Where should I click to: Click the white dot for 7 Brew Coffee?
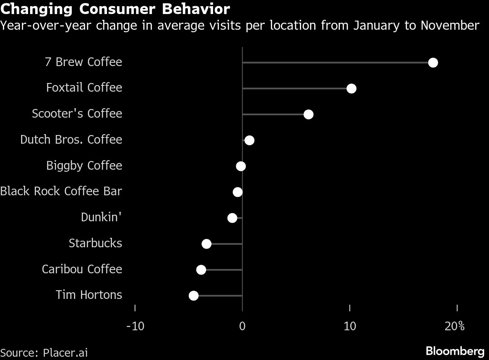[x=433, y=63]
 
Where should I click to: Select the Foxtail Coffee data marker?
[x=351, y=88]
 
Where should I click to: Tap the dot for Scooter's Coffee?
[x=308, y=114]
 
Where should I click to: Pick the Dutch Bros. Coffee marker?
[x=249, y=140]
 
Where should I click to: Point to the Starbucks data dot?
[x=207, y=244]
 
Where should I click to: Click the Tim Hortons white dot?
[x=193, y=296]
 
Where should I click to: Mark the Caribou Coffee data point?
[x=201, y=270]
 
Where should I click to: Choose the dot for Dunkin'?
[x=233, y=218]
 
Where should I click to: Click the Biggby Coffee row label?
[x=84, y=166]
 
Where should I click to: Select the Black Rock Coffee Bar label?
[x=61, y=192]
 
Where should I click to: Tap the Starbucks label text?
[x=95, y=243]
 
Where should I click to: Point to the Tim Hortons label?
[x=89, y=295]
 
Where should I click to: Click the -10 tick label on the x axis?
[x=135, y=326]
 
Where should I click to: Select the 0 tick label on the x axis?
[x=242, y=326]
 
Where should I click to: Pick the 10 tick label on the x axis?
[x=350, y=326]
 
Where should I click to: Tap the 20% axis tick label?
[x=455, y=326]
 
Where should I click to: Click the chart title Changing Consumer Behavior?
[x=115, y=9]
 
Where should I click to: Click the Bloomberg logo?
[x=455, y=351]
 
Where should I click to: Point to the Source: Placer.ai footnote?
[x=44, y=353]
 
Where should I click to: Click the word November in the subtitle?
[x=450, y=26]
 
